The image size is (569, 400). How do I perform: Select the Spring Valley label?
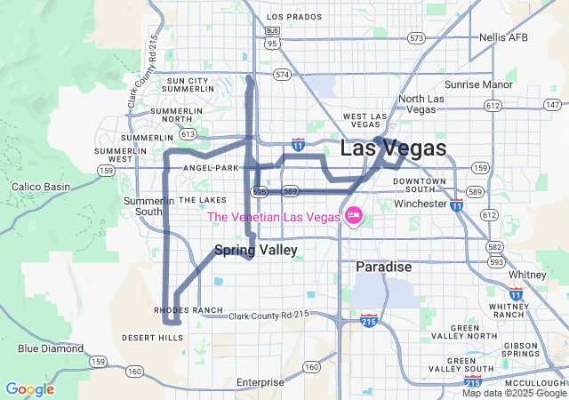tap(255, 251)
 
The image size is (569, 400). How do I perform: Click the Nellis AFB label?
tap(504, 37)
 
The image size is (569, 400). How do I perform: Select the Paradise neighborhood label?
tap(383, 267)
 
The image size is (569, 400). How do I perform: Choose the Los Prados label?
tap(293, 17)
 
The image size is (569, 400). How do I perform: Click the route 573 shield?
tap(416, 38)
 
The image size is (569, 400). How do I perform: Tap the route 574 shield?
tap(282, 75)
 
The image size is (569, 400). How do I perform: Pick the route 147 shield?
tap(551, 105)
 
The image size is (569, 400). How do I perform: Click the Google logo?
tap(29, 389)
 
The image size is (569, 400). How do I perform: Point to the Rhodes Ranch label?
tap(188, 310)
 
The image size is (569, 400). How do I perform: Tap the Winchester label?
tap(421, 204)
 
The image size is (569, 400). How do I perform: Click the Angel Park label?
tap(211, 168)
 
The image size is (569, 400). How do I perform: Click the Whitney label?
tap(528, 275)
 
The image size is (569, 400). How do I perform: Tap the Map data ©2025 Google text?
tap(514, 393)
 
